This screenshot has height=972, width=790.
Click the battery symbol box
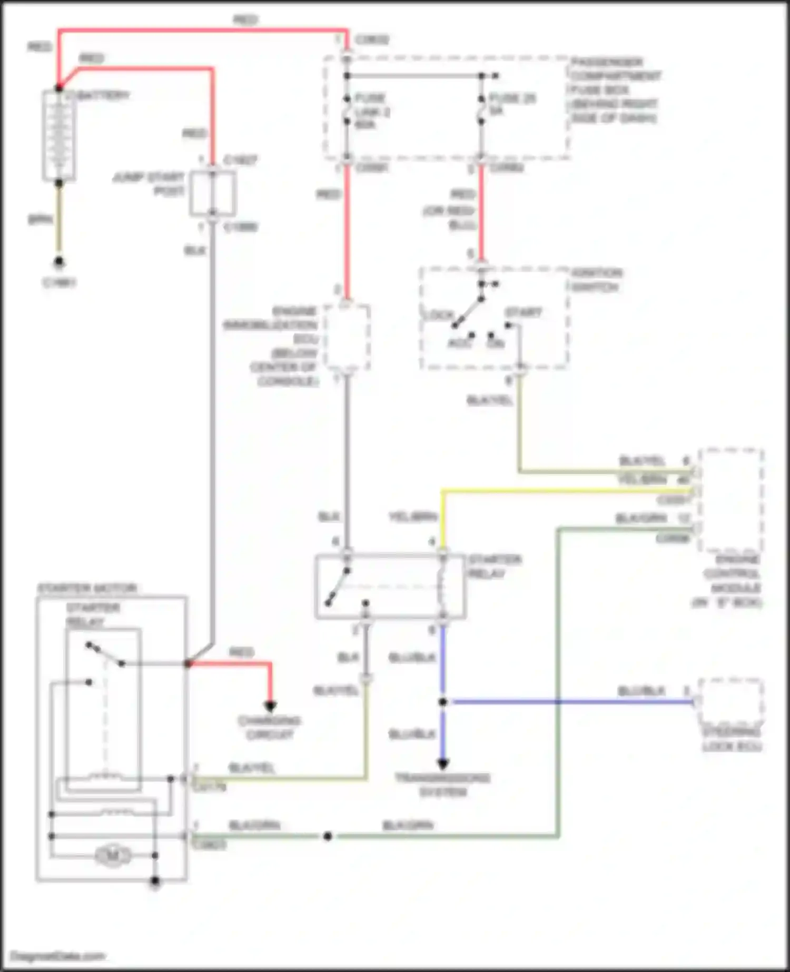(x=59, y=135)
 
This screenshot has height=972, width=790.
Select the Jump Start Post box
(x=212, y=193)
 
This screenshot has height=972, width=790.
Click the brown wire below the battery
(x=59, y=221)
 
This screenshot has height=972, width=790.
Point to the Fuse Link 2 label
(x=371, y=112)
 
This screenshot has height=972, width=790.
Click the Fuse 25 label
(x=512, y=104)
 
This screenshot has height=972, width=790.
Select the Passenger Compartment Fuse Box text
(x=615, y=90)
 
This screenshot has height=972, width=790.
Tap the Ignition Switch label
(x=596, y=280)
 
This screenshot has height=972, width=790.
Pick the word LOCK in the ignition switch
(x=438, y=315)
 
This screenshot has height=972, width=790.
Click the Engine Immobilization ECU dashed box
(x=347, y=338)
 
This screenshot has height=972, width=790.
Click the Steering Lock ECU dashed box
(x=731, y=701)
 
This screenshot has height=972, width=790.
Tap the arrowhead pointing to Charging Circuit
(x=270, y=707)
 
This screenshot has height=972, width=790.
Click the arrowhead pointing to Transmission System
(x=443, y=763)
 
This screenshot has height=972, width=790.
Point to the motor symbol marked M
(x=113, y=856)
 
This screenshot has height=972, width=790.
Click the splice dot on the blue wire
(x=443, y=701)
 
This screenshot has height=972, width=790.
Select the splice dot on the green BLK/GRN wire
(x=328, y=836)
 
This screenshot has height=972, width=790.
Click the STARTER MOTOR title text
(x=87, y=588)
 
